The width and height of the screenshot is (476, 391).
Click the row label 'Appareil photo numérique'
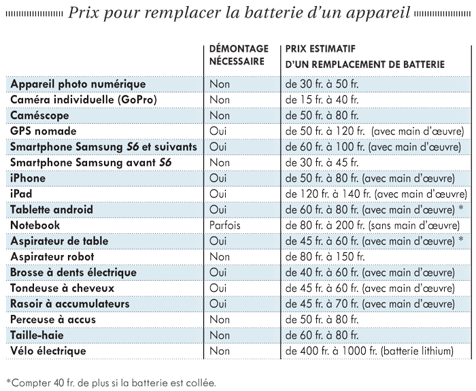(78, 84)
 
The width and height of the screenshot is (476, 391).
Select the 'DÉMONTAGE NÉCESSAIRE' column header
(239, 55)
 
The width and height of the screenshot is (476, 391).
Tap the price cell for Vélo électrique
(369, 351)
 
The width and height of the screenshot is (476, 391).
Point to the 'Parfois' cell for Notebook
(224, 225)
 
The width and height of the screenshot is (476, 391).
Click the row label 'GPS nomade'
(44, 131)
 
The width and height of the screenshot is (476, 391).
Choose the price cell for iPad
(376, 194)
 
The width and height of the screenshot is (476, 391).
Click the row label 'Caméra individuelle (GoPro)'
(84, 99)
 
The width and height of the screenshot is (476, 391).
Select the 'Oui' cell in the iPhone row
(218, 178)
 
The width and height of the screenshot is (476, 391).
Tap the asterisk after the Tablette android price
(460, 208)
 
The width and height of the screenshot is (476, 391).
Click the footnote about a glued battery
(111, 383)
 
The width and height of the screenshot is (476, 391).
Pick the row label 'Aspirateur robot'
(52, 256)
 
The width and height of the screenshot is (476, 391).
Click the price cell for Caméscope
(322, 116)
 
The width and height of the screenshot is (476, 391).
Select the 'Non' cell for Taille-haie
(219, 335)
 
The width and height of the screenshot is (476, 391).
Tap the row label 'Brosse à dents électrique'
(73, 272)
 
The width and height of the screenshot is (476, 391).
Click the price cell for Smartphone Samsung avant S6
(322, 163)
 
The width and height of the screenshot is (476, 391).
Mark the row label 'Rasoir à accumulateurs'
(70, 304)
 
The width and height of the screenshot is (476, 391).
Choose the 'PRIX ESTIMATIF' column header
(320, 49)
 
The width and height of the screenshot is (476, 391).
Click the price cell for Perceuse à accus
(322, 320)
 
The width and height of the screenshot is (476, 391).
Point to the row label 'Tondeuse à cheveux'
(63, 288)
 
